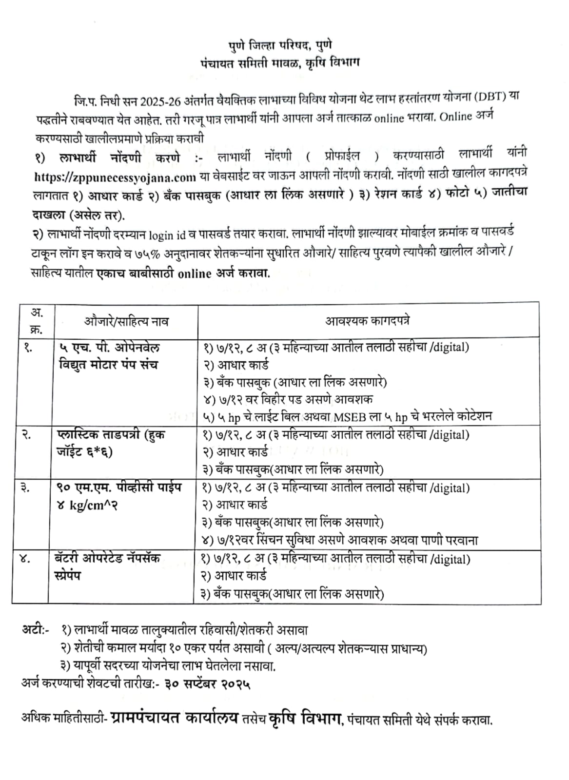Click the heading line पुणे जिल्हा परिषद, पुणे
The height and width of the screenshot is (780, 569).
point(280,46)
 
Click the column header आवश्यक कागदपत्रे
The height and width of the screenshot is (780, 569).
point(368,321)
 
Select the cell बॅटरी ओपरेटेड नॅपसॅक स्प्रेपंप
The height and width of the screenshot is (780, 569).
point(108,566)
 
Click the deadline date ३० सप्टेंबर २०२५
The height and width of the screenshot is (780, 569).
point(208,683)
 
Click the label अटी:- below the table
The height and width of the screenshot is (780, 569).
point(35,630)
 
